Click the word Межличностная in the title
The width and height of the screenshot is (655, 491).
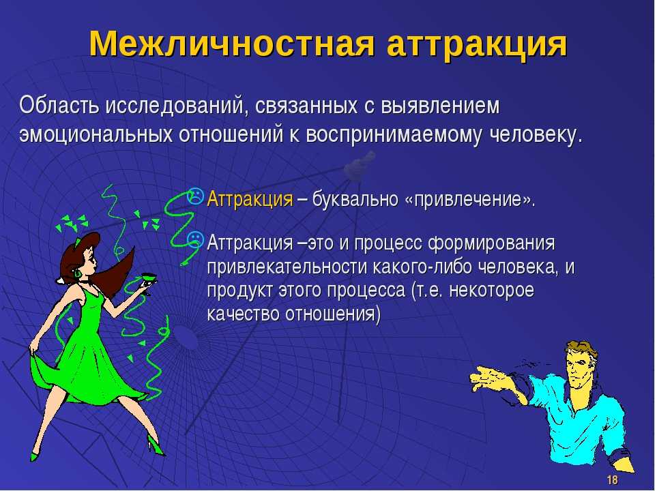pyautogui.click(x=231, y=44)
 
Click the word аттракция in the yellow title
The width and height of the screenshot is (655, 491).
pyautogui.click(x=477, y=45)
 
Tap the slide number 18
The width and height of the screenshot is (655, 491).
pyautogui.click(x=612, y=479)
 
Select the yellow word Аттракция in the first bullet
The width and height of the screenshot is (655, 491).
pyautogui.click(x=250, y=198)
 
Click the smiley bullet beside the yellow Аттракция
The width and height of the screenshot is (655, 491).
pyautogui.click(x=196, y=196)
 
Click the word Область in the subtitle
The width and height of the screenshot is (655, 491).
pyautogui.click(x=59, y=105)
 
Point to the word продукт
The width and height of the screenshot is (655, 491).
pyautogui.click(x=239, y=291)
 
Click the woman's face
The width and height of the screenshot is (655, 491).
pyautogui.click(x=89, y=259)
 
